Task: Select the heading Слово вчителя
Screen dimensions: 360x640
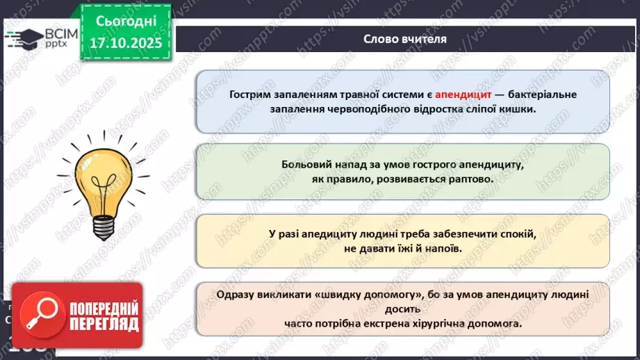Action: (405, 38)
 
